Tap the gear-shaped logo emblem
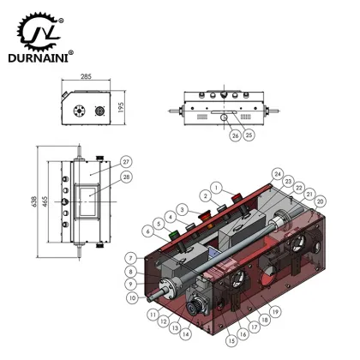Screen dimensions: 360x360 tap(40, 31)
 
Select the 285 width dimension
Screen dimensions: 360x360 tap(86, 76)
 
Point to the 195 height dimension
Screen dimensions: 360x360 tap(121, 107)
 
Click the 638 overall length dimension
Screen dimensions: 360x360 tap(34, 201)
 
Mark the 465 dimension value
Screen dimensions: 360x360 tap(45, 201)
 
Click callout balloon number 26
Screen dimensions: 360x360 tap(236, 135)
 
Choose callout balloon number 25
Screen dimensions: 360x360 tap(249, 135)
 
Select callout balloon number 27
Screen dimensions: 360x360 tap(126, 162)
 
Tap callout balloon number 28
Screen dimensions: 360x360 tap(126, 177)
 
